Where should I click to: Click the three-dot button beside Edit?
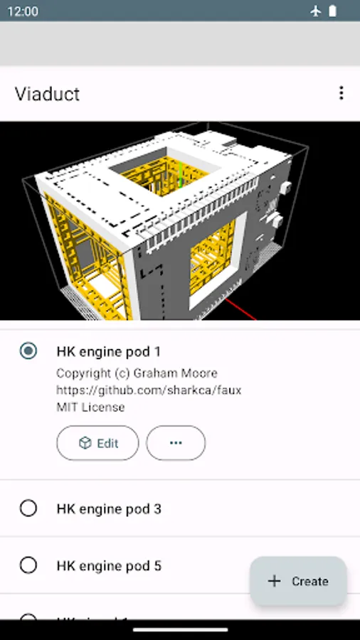[176, 443]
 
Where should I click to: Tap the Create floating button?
[298, 581]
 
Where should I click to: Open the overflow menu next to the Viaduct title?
[342, 93]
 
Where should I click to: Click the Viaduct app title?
[47, 94]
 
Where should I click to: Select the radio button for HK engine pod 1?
[28, 351]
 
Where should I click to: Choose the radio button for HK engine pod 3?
[28, 508]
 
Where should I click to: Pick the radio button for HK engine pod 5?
[28, 565]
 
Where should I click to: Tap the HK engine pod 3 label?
[109, 509]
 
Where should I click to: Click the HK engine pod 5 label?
[109, 566]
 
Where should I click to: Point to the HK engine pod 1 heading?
[109, 351]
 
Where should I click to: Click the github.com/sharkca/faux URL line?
[149, 390]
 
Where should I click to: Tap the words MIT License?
[90, 407]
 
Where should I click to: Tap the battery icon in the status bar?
[332, 11]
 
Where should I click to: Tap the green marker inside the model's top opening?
[180, 175]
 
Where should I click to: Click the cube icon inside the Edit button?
[85, 443]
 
